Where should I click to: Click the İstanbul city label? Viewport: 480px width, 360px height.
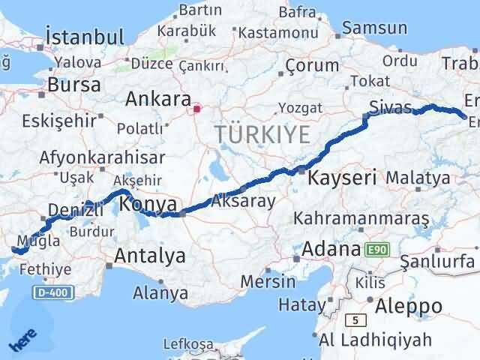click(84, 37)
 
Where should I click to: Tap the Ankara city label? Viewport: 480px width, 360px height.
click(157, 98)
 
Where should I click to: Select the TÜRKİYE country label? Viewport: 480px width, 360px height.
click(262, 135)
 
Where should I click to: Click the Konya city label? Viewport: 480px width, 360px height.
click(148, 204)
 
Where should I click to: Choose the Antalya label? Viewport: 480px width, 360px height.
click(150, 256)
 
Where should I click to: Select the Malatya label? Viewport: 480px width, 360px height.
click(418, 178)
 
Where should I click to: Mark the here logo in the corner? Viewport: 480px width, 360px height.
click(22, 342)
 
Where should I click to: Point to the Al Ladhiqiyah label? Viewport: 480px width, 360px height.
click(375, 340)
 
